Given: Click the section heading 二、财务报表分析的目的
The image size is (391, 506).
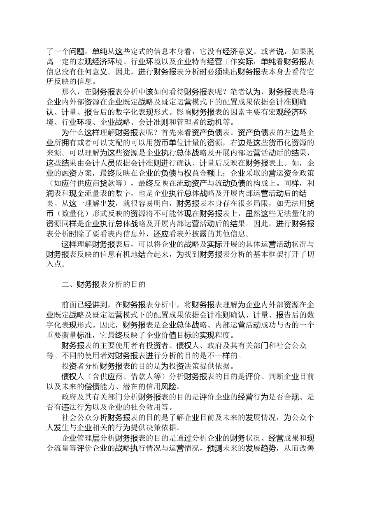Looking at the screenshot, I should click(x=103, y=284).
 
